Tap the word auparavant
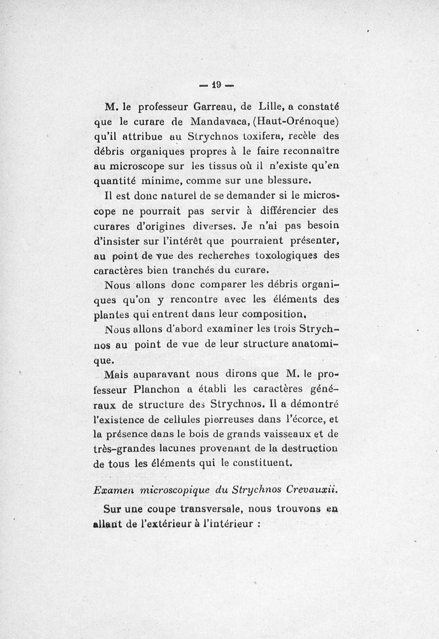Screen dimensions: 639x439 [x=161, y=375]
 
